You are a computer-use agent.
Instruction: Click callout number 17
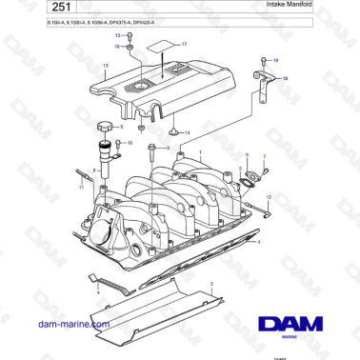point(185,44)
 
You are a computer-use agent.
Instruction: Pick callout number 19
point(275,60)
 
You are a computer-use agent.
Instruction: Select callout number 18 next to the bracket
point(287,80)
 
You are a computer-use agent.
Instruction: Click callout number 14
point(188,131)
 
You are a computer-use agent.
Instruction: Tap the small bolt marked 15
point(130,45)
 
